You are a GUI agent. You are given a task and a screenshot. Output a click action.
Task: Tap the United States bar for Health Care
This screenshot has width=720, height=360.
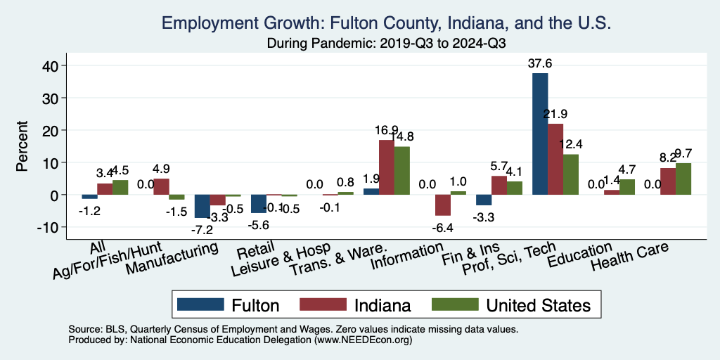point(683,179)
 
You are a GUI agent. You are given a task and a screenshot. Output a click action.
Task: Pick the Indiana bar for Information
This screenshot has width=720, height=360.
point(443,205)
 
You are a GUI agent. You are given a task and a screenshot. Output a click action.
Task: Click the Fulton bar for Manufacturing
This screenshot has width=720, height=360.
point(202,206)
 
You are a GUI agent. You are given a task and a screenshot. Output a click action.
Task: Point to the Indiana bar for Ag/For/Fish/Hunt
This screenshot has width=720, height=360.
point(161,186)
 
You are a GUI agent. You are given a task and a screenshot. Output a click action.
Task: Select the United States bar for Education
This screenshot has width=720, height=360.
point(627,187)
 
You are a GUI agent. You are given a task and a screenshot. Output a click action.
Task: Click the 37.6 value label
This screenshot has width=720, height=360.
point(540,63)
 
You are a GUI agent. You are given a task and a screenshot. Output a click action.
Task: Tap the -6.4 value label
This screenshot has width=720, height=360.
point(443,227)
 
